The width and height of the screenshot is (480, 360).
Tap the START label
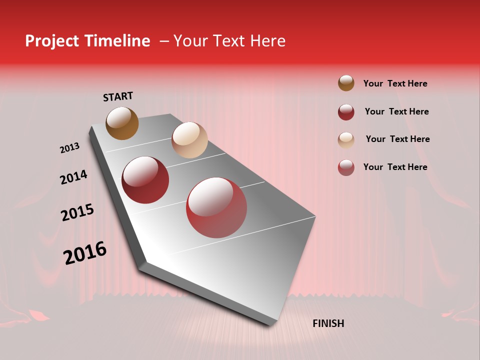(118, 96)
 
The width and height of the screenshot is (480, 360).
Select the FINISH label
(328, 323)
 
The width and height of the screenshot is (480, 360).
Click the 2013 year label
(69, 148)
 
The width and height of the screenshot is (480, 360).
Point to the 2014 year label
(73, 177)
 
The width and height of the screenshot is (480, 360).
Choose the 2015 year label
(77, 212)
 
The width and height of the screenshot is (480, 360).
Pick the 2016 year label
(85, 252)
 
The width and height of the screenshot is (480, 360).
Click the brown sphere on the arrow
(122, 123)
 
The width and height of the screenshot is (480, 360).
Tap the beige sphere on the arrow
(189, 140)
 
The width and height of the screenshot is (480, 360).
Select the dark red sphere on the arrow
(145, 180)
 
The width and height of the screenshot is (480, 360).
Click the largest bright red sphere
(216, 207)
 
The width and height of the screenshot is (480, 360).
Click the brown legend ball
(346, 83)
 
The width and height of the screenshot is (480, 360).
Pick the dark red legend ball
(346, 112)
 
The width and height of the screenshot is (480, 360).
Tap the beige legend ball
(346, 140)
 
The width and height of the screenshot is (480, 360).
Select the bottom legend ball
(346, 167)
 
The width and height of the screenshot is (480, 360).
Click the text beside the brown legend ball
(395, 83)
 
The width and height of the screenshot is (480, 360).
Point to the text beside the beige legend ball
(397, 139)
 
